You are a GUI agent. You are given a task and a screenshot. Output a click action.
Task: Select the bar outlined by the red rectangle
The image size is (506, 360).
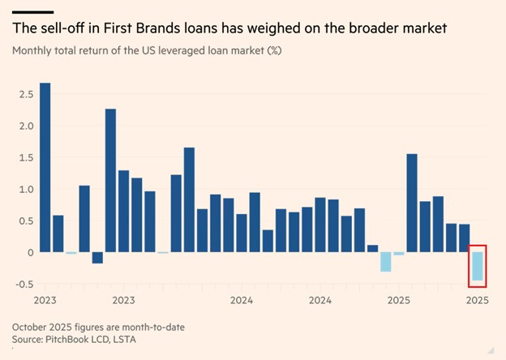pyautogui.click(x=478, y=266)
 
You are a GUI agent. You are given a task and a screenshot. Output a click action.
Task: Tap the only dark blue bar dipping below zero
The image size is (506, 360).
pyautogui.click(x=98, y=258)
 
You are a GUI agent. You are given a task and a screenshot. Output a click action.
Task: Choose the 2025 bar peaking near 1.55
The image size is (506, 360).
pyautogui.click(x=412, y=203)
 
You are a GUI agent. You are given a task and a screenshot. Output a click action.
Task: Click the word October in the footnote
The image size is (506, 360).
pyautogui.click(x=33, y=326)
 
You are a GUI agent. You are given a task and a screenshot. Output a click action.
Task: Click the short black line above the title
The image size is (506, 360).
pyautogui.click(x=32, y=11)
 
